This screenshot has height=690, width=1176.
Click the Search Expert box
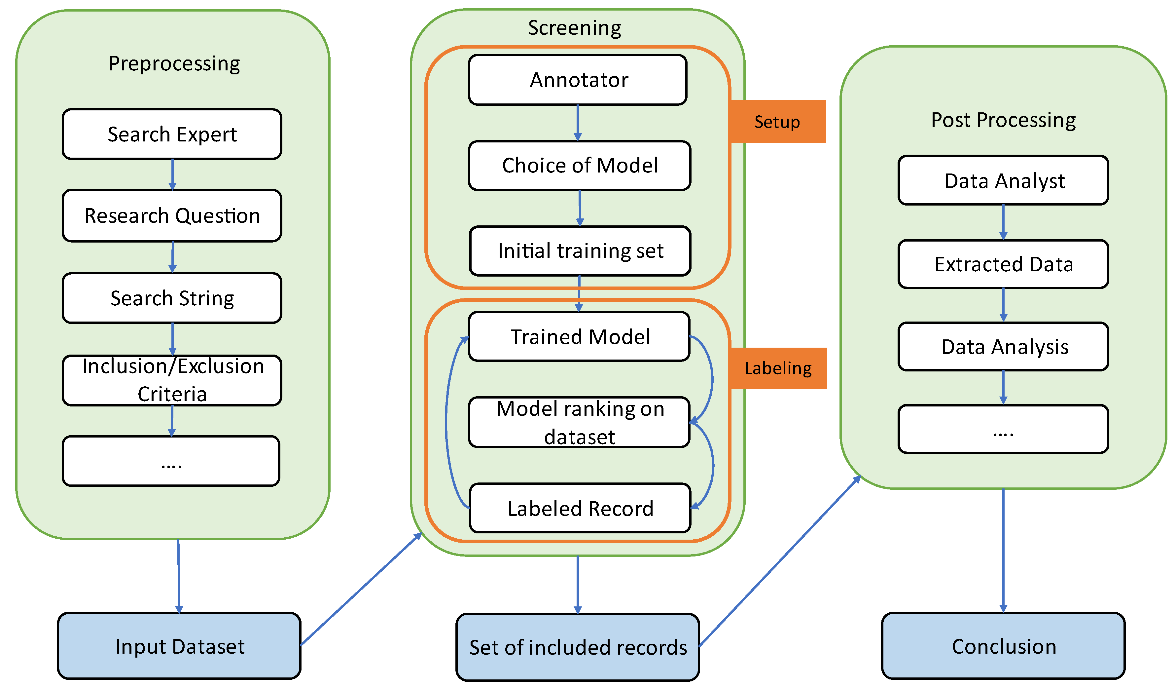(x=172, y=134)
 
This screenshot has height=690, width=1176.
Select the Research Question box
(x=172, y=216)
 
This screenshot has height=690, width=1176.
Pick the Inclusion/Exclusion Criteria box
(x=172, y=380)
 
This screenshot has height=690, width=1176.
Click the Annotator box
(x=578, y=80)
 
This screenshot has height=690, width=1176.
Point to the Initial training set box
(x=580, y=251)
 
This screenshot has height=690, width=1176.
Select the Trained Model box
(x=580, y=337)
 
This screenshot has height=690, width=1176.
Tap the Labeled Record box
(x=580, y=508)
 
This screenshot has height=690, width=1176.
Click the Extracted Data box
(x=1003, y=264)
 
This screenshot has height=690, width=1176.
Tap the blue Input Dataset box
(x=179, y=646)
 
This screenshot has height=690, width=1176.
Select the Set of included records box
(x=578, y=647)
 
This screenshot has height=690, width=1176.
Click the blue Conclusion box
(x=1003, y=646)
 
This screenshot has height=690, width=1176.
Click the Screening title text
(x=575, y=28)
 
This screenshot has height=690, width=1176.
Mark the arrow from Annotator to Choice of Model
(x=578, y=123)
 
